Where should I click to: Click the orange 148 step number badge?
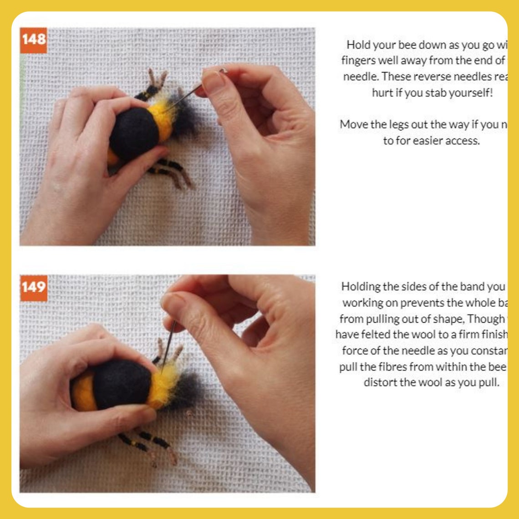coord(34,40)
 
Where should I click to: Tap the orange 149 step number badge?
coord(34,287)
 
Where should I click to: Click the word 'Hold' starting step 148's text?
coord(358,45)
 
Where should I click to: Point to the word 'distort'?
coord(380,382)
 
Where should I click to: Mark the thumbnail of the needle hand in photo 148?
coord(213,81)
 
